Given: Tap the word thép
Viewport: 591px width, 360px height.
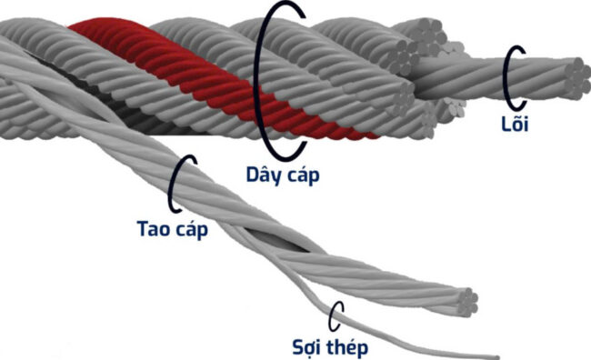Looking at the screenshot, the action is (x=351, y=346).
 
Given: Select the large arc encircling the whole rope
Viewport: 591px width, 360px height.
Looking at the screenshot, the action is (x=263, y=82).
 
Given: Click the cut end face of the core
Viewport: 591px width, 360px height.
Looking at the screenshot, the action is (x=575, y=75).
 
